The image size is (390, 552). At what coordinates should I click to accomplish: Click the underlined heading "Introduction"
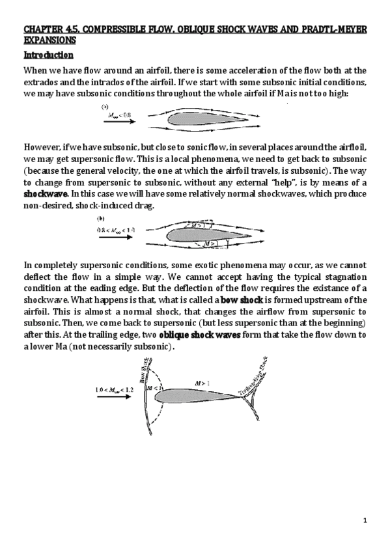[x=48, y=55]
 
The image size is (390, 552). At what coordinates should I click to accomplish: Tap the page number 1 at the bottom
[x=366, y=520]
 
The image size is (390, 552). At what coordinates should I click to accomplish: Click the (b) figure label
[x=101, y=219]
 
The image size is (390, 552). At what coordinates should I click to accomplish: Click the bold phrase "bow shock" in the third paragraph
[x=243, y=299]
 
